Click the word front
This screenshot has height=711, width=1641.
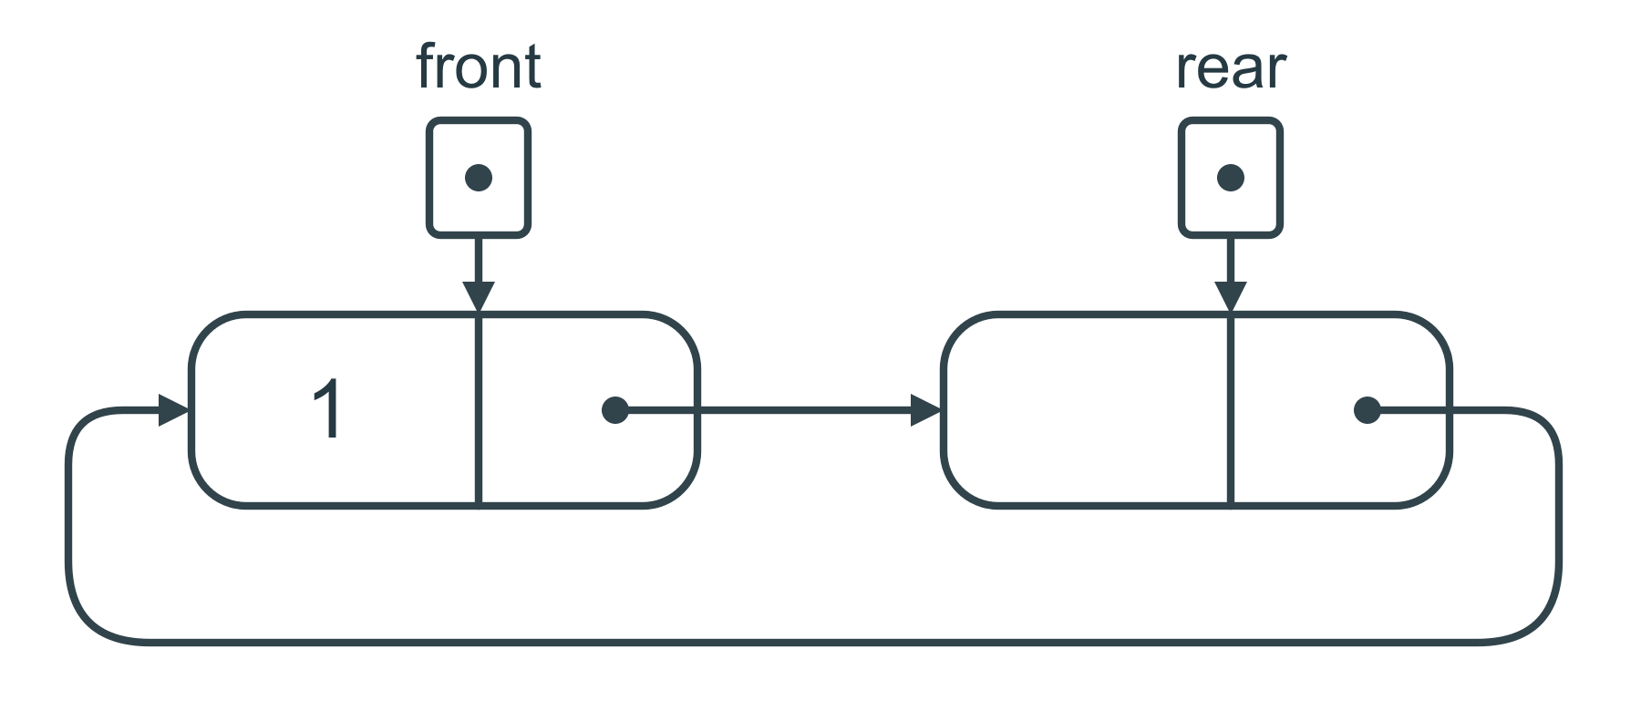[x=479, y=67]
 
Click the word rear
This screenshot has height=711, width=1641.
[x=1231, y=68]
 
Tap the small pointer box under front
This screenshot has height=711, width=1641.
[x=479, y=178]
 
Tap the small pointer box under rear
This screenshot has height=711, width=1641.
[x=1231, y=178]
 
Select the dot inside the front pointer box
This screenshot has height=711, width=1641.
[x=479, y=178]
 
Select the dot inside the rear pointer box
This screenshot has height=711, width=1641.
[x=1231, y=178]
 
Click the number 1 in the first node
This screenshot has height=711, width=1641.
[x=326, y=410]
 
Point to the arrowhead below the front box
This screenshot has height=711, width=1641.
[x=479, y=297]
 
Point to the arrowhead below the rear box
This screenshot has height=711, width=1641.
[x=1231, y=297]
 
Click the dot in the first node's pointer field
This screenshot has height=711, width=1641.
[x=615, y=410]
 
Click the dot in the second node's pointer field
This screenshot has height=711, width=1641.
[x=1367, y=410]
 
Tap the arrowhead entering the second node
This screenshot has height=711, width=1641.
[x=926, y=410]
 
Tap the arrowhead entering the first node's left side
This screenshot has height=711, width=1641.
[x=174, y=410]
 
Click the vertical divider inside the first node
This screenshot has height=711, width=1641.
[x=479, y=410]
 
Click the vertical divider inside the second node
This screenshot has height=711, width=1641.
[x=1231, y=410]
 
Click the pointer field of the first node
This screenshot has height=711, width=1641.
[x=588, y=410]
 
